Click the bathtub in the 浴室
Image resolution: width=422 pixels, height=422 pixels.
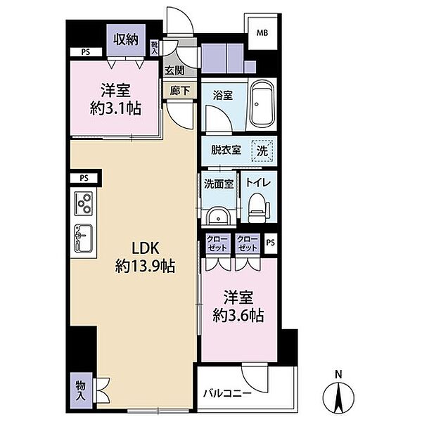262,104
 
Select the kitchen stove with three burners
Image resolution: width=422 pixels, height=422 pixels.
84,204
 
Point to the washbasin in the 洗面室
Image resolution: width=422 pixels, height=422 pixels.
218,216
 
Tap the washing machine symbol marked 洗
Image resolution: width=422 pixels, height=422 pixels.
262,151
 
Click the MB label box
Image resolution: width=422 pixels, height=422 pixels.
262,33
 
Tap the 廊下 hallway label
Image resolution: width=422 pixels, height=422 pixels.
179,91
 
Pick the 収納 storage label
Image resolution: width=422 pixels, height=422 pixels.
126,40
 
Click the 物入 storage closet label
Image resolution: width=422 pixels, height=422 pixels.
81,390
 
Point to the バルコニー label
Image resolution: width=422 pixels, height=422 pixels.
227,394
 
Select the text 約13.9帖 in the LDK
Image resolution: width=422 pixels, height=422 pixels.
145,267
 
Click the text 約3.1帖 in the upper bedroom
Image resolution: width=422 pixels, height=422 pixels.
115,108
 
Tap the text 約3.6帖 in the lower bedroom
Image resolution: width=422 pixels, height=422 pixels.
238,315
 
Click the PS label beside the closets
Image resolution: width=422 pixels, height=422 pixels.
271,243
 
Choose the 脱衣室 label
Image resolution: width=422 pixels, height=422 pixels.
226,151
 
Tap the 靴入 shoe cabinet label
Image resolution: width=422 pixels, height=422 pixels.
154,48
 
